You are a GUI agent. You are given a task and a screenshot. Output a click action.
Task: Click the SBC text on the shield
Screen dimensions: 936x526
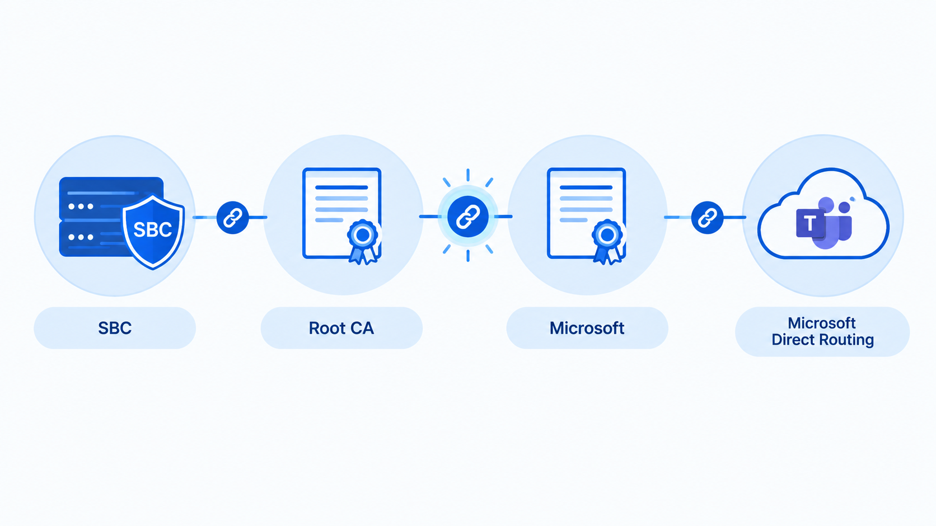(x=152, y=229)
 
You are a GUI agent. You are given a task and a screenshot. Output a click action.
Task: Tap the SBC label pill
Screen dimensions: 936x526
(x=115, y=328)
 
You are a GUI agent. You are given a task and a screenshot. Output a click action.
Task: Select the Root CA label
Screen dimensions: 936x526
(x=341, y=328)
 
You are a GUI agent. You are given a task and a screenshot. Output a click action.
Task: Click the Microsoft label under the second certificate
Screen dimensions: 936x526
(x=587, y=328)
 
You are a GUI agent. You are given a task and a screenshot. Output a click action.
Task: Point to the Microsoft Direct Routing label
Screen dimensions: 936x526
(x=822, y=332)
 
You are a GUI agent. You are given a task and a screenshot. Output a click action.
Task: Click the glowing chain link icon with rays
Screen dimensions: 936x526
(x=468, y=217)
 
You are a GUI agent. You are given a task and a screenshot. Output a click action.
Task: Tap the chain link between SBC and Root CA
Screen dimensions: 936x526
(x=233, y=218)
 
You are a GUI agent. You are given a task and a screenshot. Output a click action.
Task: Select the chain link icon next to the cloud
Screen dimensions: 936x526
(x=707, y=218)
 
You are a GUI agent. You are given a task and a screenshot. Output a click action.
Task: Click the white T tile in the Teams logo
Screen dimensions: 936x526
(x=810, y=224)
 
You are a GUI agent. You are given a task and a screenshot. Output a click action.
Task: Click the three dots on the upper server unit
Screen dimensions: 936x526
(x=81, y=206)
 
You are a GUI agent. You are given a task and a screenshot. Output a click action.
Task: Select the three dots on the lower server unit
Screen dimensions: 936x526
(x=81, y=237)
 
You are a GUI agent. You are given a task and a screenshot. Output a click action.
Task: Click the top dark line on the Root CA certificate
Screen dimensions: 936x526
(x=341, y=187)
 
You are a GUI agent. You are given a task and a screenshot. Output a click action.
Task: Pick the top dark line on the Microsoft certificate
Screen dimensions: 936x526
(x=586, y=187)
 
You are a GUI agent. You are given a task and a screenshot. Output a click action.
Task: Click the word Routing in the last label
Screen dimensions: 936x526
(x=849, y=340)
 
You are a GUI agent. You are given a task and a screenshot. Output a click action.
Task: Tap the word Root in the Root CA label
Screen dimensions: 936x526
(x=326, y=328)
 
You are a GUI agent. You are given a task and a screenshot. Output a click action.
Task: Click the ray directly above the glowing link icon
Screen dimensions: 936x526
(x=468, y=175)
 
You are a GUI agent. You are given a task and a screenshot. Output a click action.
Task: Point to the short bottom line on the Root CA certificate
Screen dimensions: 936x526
(x=329, y=220)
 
